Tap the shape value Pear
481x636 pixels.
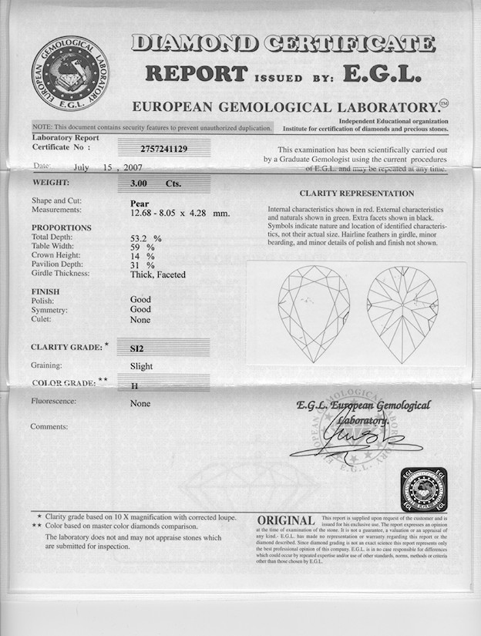point(140,203)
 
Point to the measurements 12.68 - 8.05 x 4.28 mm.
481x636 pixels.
point(180,212)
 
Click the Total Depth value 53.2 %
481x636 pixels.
point(146,238)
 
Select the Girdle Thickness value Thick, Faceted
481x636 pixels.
point(157,274)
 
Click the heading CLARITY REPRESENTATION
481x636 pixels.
point(356,193)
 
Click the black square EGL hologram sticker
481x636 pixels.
point(424,489)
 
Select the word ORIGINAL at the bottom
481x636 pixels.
point(285,522)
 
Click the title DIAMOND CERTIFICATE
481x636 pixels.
point(283,44)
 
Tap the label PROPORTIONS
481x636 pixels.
point(61,228)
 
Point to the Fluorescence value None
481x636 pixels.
point(140,403)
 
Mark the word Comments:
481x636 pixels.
point(49,426)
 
